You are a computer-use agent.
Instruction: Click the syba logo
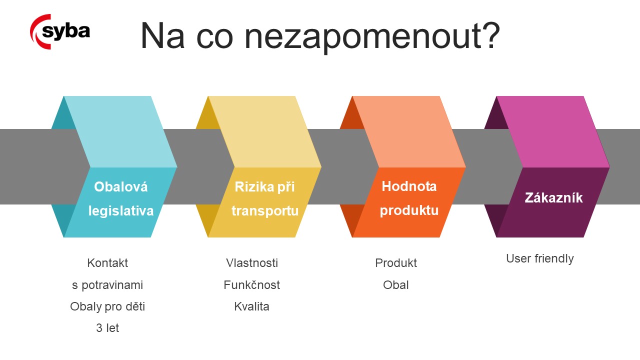[60, 31]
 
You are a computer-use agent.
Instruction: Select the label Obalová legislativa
[121, 199]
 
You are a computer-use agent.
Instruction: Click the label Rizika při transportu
[265, 199]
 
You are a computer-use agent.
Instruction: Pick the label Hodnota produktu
[409, 198]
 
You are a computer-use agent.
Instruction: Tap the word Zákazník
[553, 197]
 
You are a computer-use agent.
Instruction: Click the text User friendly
[540, 258]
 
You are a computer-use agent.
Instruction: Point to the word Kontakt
[107, 263]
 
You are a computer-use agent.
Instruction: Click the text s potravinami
[107, 285]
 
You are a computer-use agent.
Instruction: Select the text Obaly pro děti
[107, 306]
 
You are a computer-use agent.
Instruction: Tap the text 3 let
[107, 328]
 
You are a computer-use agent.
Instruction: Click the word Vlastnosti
[251, 263]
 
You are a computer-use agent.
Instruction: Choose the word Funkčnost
[251, 285]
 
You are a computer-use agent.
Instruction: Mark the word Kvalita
[251, 306]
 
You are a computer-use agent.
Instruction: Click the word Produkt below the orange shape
[396, 263]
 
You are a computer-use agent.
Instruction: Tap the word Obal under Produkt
[396, 285]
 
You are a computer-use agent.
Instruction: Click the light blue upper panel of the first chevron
[120, 131]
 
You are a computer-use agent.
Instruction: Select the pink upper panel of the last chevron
[553, 131]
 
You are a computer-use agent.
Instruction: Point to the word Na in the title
[162, 36]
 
